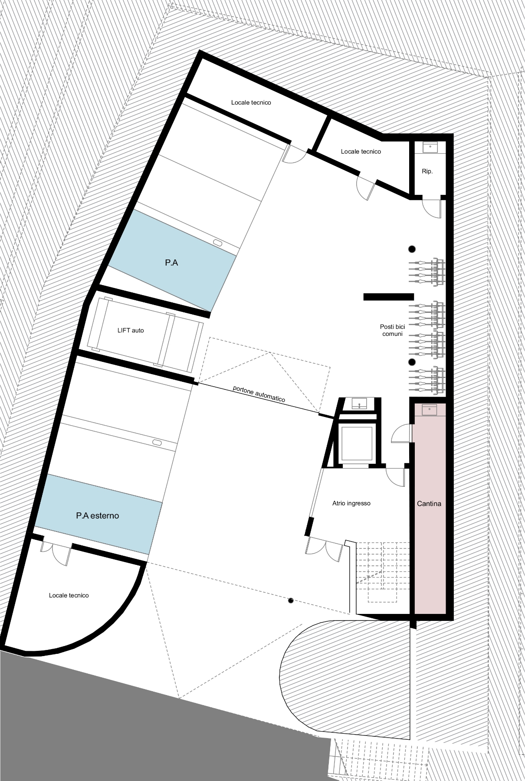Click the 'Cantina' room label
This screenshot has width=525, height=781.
coord(429,504)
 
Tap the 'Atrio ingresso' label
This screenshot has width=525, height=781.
coord(351,503)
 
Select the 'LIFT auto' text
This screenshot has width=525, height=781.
coord(131,330)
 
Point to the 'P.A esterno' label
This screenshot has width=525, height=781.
coord(97,516)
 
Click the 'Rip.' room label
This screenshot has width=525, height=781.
coord(427,171)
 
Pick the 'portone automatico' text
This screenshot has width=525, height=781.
coord(259,394)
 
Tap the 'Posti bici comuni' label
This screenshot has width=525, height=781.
coord(392,331)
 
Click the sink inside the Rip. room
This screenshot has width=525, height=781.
coord(430,148)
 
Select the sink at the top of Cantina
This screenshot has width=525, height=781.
coord(430,410)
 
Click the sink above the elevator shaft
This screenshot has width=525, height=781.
coord(359,404)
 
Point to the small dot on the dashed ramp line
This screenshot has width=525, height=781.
coord(291,601)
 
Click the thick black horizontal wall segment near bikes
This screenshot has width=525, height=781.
coord(388,297)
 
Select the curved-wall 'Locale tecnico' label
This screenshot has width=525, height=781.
coord(69,595)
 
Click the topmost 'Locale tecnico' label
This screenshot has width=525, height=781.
coord(251,102)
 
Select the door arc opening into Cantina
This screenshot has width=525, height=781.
coord(401,433)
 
